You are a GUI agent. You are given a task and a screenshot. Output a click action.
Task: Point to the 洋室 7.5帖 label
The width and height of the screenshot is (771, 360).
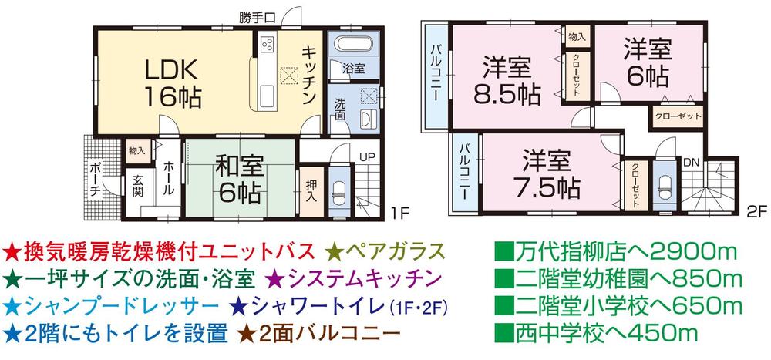546,173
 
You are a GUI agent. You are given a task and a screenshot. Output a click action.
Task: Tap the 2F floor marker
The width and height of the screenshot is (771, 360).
756,210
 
